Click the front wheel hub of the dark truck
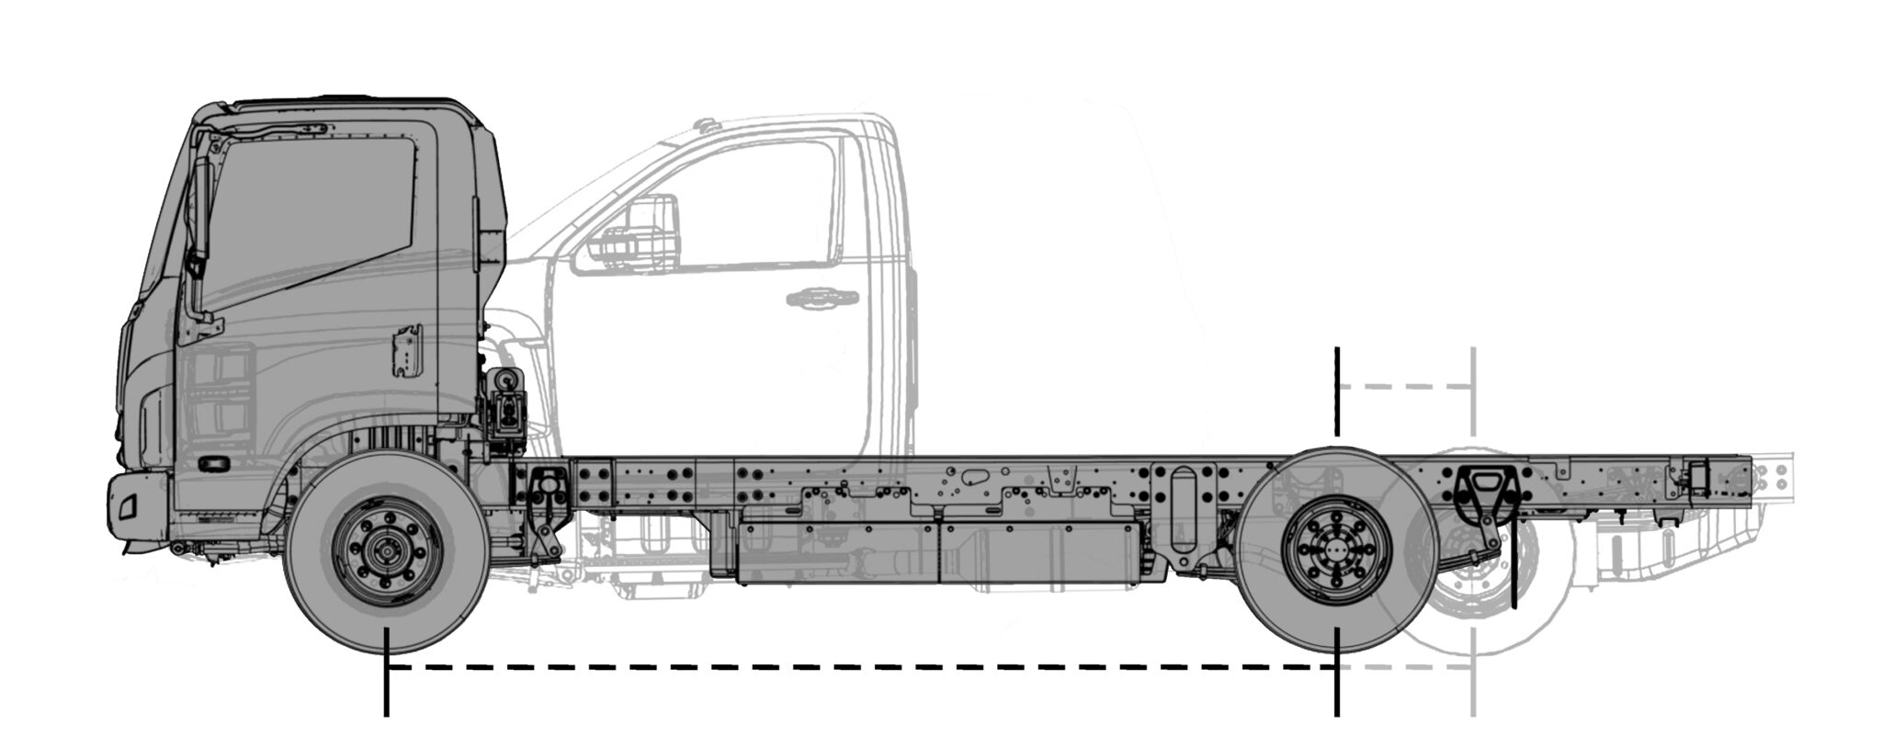(386, 552)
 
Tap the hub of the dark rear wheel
(1336, 551)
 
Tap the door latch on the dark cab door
(404, 350)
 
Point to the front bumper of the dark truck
(138, 510)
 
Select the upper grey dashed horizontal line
(1406, 388)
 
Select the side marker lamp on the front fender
(217, 464)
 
